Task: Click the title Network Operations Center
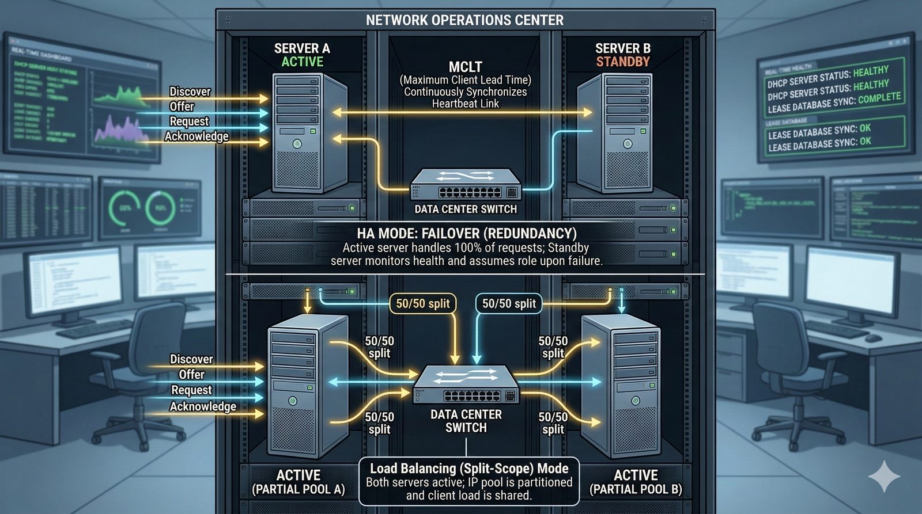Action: [464, 20]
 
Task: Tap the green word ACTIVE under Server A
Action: [302, 62]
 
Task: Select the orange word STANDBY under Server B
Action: [622, 62]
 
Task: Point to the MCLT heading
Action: [465, 67]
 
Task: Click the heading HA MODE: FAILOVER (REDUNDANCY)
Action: [466, 233]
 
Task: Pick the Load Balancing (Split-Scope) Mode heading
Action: [469, 469]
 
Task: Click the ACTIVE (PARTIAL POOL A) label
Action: [298, 482]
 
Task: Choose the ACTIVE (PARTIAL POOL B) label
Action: [636, 482]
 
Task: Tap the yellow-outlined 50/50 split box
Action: [423, 303]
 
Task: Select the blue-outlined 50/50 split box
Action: [509, 303]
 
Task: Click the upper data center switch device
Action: [466, 184]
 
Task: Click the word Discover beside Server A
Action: [190, 92]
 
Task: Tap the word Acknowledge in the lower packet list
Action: [203, 406]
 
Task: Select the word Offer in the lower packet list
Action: [191, 375]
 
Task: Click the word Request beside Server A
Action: [189, 121]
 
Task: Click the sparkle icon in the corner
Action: [884, 475]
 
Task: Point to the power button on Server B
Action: [628, 144]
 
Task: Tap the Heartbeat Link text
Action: [466, 104]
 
